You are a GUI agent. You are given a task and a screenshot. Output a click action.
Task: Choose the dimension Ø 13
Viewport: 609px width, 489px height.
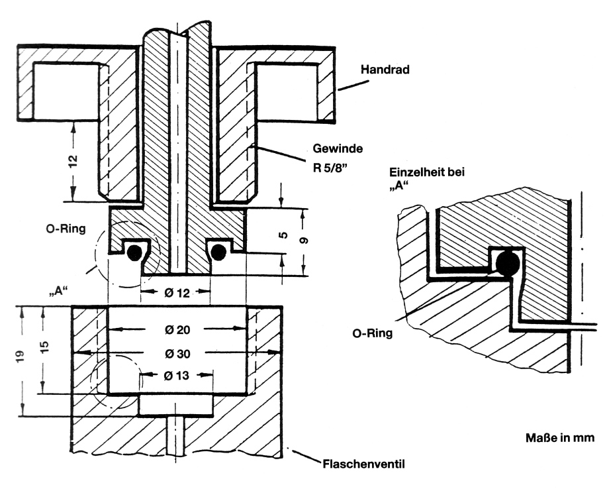(x=175, y=375)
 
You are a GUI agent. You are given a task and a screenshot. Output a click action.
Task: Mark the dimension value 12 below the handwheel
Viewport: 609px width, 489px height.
(x=73, y=160)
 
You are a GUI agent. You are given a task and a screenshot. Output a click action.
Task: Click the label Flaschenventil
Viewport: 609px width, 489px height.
(x=359, y=464)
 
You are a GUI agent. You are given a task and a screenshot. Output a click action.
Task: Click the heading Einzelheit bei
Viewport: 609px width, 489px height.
(x=425, y=173)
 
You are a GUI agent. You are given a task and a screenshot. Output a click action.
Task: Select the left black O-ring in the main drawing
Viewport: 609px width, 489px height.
(x=134, y=251)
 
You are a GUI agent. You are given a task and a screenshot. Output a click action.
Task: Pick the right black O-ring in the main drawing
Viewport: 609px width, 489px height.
(x=218, y=250)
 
